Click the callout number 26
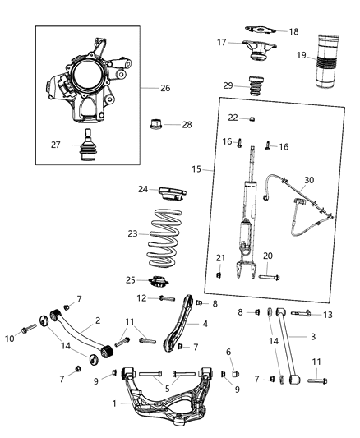(165, 88)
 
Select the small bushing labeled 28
(156, 126)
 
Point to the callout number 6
(228, 352)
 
